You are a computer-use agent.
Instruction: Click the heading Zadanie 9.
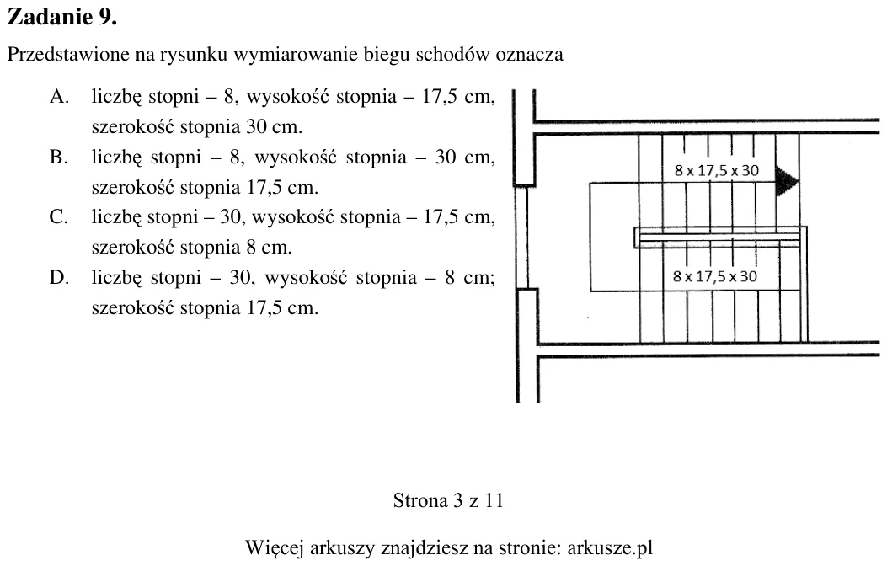61,17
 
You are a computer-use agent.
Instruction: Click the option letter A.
59,97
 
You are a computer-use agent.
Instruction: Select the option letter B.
59,157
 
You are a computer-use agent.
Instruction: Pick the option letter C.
59,217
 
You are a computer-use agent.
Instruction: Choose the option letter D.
59,278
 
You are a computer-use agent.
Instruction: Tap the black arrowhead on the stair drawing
787,181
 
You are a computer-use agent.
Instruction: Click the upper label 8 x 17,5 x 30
716,170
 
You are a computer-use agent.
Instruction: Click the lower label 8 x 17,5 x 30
715,276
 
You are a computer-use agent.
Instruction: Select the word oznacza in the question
529,55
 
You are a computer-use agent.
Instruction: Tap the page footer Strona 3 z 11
448,500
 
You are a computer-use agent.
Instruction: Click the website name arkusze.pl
610,548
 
